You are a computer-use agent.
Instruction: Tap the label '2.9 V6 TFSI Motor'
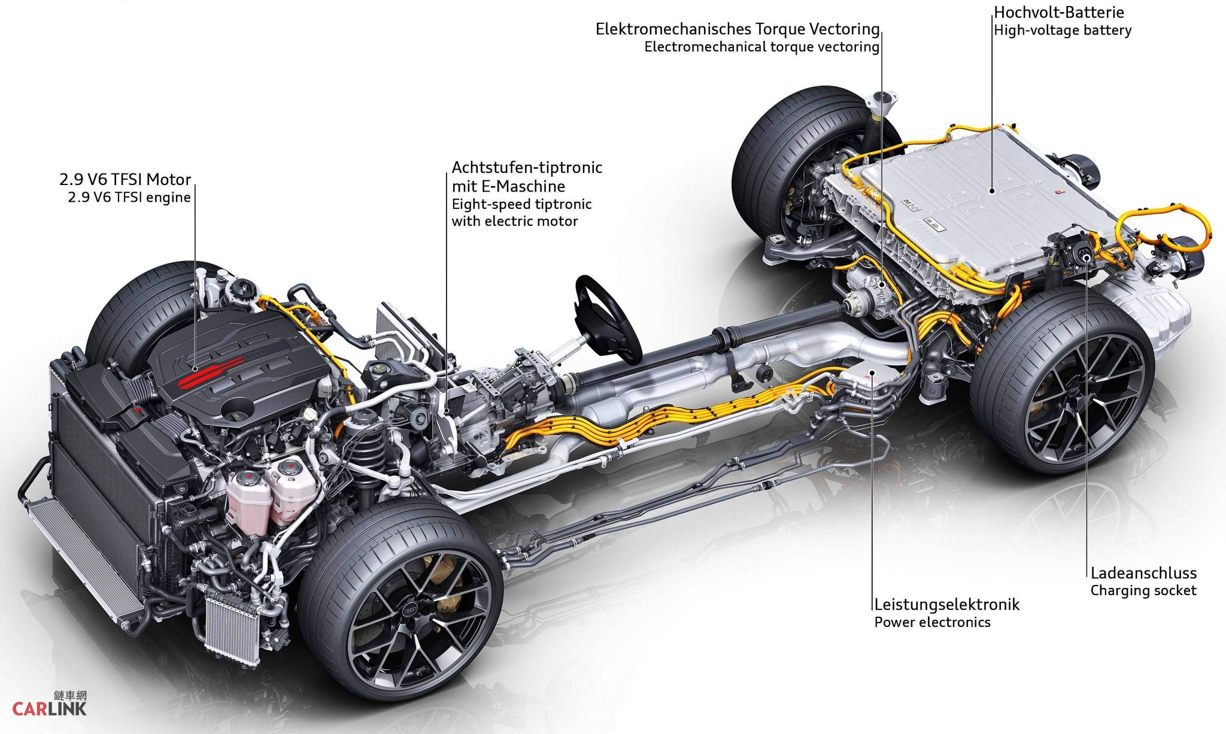click(125, 179)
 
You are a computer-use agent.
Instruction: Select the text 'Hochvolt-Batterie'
click(1059, 12)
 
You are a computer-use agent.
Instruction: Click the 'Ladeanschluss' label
click(1143, 573)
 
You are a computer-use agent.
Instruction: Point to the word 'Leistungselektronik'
click(946, 604)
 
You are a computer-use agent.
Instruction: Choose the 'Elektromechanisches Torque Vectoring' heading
click(737, 29)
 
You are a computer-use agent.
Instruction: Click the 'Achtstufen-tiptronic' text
click(527, 167)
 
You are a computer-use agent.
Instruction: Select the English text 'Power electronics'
click(932, 622)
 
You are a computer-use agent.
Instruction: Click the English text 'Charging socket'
click(1143, 591)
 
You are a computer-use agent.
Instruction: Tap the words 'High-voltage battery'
click(1063, 30)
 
